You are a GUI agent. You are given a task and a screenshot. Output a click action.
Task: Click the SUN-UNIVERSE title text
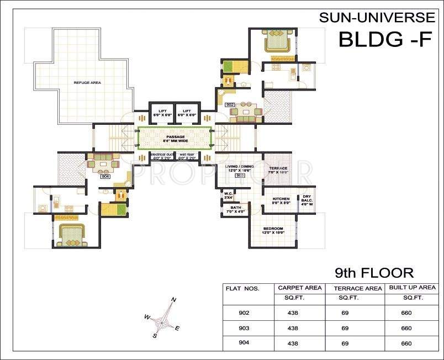377,18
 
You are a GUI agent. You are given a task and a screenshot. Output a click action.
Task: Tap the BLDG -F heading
384,40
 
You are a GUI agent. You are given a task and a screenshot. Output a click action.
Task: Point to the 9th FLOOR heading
374,272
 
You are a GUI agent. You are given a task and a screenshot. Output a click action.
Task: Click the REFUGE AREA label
87,83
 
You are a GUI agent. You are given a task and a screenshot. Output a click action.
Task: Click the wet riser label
188,156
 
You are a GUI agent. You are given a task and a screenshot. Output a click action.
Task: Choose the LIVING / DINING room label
240,168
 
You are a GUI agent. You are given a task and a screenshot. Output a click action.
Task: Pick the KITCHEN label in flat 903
281,199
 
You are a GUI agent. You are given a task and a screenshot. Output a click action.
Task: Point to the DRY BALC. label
306,199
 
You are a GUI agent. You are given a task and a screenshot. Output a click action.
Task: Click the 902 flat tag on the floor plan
230,104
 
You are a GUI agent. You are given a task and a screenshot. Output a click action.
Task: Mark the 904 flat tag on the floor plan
104,176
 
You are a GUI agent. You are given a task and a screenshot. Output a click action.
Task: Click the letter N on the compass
173,300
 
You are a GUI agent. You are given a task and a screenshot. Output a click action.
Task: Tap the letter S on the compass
155,335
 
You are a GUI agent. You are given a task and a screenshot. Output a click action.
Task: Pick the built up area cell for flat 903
406,328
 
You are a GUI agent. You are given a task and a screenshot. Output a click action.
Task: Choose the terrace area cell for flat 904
345,343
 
